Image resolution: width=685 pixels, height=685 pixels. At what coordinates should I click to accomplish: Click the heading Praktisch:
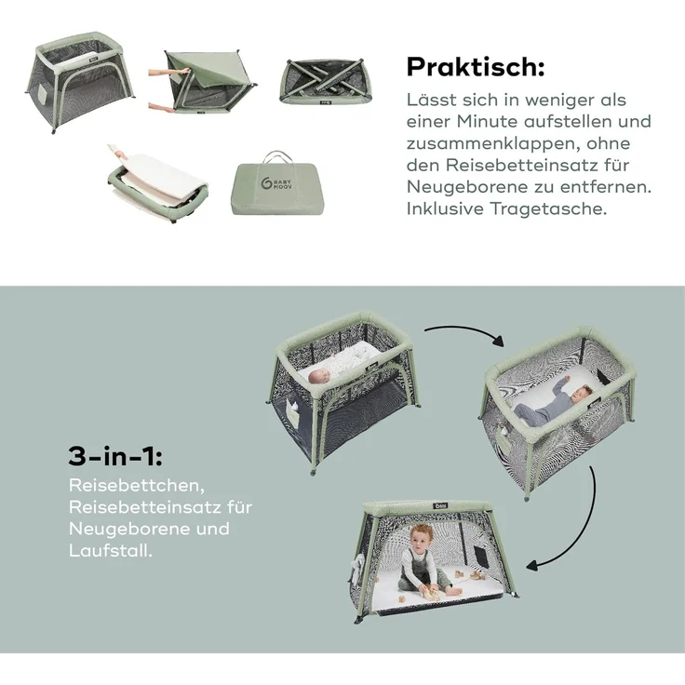tap(476, 67)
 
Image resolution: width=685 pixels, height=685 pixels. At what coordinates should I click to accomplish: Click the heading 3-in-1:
tap(114, 456)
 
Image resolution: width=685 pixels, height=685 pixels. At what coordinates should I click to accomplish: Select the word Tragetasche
tap(548, 208)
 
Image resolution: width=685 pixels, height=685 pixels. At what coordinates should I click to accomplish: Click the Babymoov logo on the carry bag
tap(276, 183)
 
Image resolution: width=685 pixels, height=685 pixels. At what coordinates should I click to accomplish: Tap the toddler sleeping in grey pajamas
tap(553, 403)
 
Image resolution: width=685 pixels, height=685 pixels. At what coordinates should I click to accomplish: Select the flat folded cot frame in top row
tap(327, 82)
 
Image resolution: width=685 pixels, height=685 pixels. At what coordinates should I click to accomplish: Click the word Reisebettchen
tap(137, 485)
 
